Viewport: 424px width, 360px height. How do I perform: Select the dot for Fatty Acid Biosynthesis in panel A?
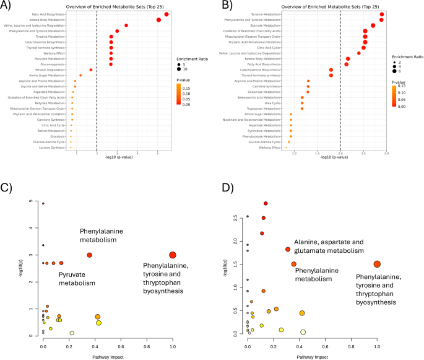tap(167, 14)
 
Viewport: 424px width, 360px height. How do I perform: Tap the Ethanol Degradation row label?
tap(53, 69)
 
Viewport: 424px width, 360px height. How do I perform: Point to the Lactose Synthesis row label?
tap(54, 147)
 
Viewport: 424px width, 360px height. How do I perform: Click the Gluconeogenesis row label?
tap(54, 64)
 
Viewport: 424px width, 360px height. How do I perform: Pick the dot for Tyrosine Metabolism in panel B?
tap(382, 14)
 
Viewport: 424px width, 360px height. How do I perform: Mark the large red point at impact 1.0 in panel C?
tap(173, 255)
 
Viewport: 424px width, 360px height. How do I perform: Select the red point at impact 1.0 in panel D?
tap(377, 264)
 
